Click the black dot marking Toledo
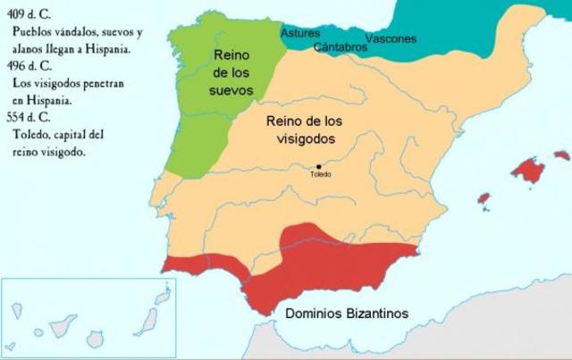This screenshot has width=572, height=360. [x=319, y=166]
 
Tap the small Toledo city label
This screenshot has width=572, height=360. [x=320, y=174]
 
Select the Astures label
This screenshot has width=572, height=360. [x=300, y=33]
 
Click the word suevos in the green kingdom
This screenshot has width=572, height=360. [x=233, y=90]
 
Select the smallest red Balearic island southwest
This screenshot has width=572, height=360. [x=484, y=197]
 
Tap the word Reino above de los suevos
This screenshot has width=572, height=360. [x=231, y=55]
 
